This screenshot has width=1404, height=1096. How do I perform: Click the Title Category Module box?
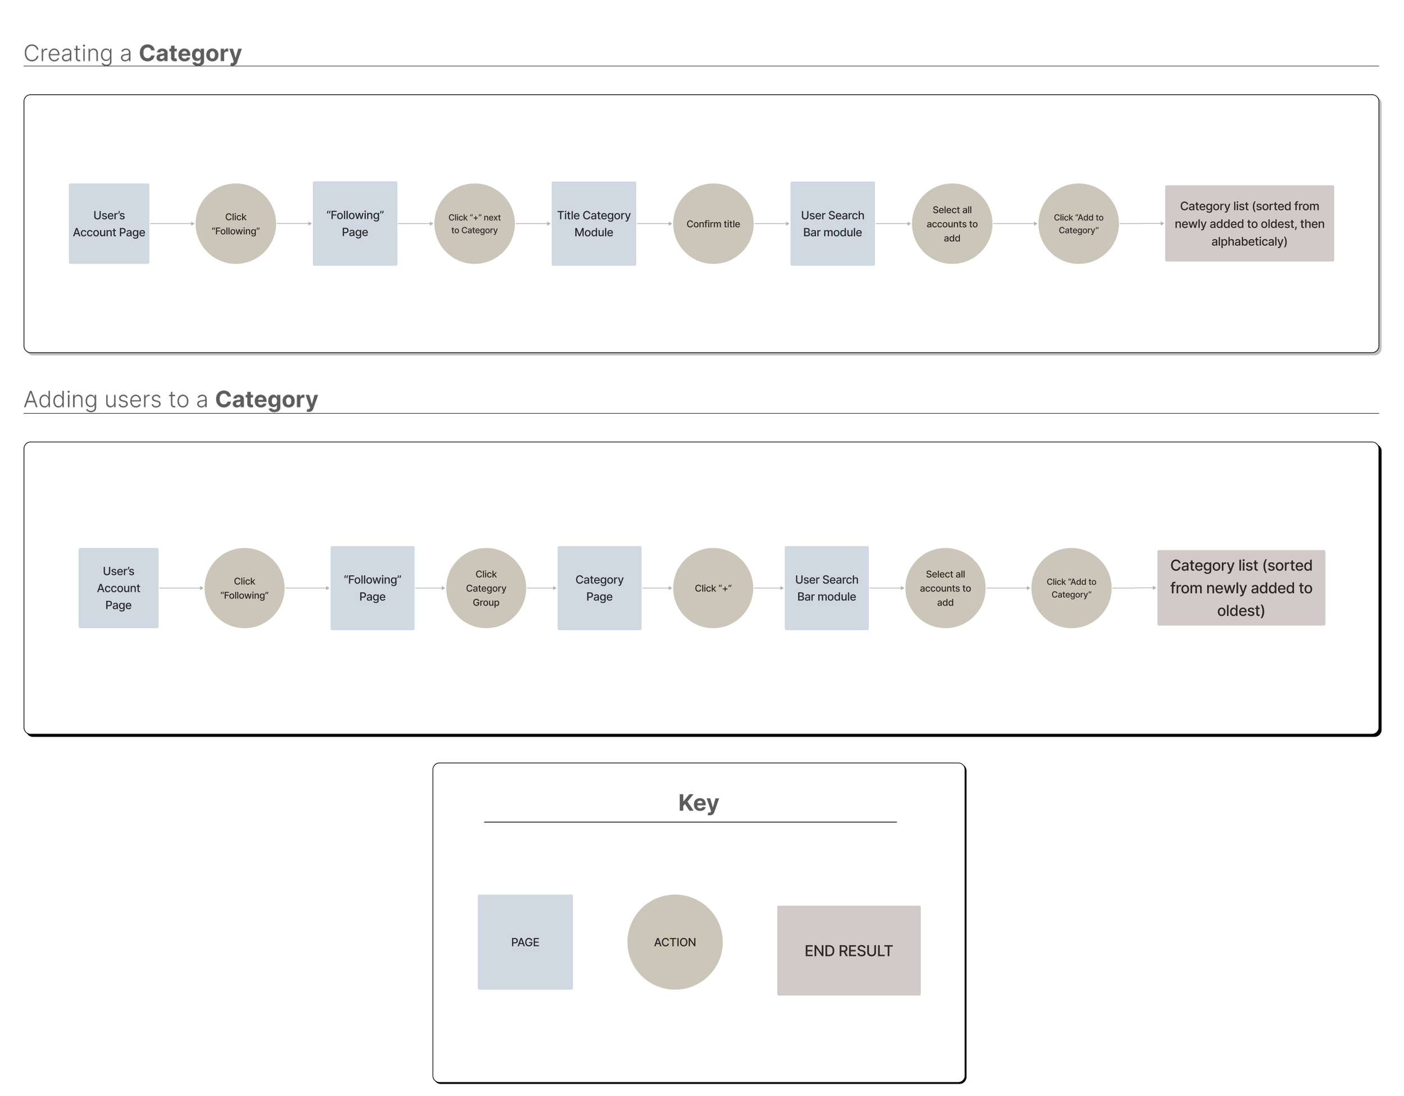tap(594, 223)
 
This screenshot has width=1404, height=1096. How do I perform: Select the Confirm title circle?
tap(713, 223)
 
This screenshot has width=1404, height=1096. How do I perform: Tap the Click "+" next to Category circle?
tap(475, 223)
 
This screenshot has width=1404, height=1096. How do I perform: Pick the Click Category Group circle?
tap(486, 588)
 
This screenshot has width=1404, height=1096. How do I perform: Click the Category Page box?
tap(599, 588)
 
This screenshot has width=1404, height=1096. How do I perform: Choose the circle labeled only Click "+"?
tap(713, 588)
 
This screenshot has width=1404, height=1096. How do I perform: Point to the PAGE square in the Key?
tap(525, 942)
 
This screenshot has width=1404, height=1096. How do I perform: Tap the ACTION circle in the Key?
tap(675, 942)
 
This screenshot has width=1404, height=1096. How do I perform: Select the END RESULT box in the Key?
tap(849, 951)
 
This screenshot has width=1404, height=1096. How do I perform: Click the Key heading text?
tap(698, 803)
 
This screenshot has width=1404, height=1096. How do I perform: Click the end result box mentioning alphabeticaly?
tap(1249, 223)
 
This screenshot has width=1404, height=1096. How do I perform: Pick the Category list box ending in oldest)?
tap(1241, 588)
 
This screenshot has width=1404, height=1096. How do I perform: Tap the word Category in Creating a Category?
tap(190, 54)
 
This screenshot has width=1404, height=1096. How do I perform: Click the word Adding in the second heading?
tap(61, 400)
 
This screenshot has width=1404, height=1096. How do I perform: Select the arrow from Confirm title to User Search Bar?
tap(772, 223)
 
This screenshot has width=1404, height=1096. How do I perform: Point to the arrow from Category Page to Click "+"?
tap(657, 588)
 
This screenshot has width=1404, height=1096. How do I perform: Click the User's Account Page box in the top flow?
tap(110, 223)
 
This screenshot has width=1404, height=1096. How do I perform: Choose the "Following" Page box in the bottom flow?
tap(372, 588)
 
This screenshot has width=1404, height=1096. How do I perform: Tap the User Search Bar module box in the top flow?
tap(832, 223)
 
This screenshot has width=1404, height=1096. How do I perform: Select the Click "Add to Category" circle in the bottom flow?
tap(1071, 588)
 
